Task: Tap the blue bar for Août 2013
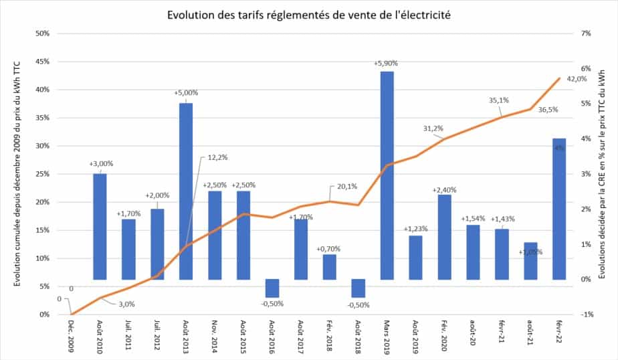click(185, 191)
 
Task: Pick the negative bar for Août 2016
click(272, 288)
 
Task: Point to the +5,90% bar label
click(387, 64)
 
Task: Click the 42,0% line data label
click(577, 79)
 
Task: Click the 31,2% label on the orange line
click(433, 128)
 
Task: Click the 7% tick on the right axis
click(586, 33)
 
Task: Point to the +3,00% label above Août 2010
click(100, 163)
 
